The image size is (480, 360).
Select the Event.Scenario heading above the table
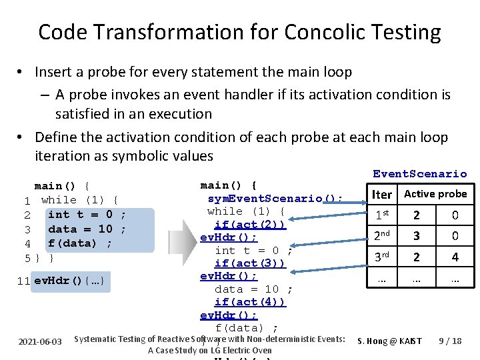419,174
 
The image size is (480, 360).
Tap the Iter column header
382,195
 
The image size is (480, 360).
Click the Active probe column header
435,194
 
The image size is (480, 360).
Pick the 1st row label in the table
382,215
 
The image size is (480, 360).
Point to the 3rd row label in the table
382,257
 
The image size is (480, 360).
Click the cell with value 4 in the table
455,257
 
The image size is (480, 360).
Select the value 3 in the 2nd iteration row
416,236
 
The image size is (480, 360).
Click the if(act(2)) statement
250,224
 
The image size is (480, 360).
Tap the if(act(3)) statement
250,263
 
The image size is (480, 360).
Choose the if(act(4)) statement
250,302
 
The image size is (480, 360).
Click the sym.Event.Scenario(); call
275,198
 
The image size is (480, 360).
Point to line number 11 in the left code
25,281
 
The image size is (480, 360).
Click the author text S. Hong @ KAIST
390,341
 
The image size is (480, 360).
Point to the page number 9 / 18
450,341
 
